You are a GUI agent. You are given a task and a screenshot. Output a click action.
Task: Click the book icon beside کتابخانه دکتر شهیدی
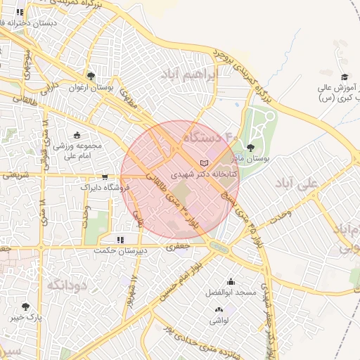point(205,164)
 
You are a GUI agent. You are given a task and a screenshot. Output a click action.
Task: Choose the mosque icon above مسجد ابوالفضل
point(231,281)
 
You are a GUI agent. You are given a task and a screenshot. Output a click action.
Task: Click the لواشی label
point(219,320)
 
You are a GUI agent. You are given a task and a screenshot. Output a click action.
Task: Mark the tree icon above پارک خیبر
point(26,307)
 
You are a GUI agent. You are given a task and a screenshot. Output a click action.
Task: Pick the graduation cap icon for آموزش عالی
point(344,77)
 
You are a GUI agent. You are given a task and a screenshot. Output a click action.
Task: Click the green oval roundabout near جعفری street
point(219,246)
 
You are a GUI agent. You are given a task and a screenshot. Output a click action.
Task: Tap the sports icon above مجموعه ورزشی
point(77,136)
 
